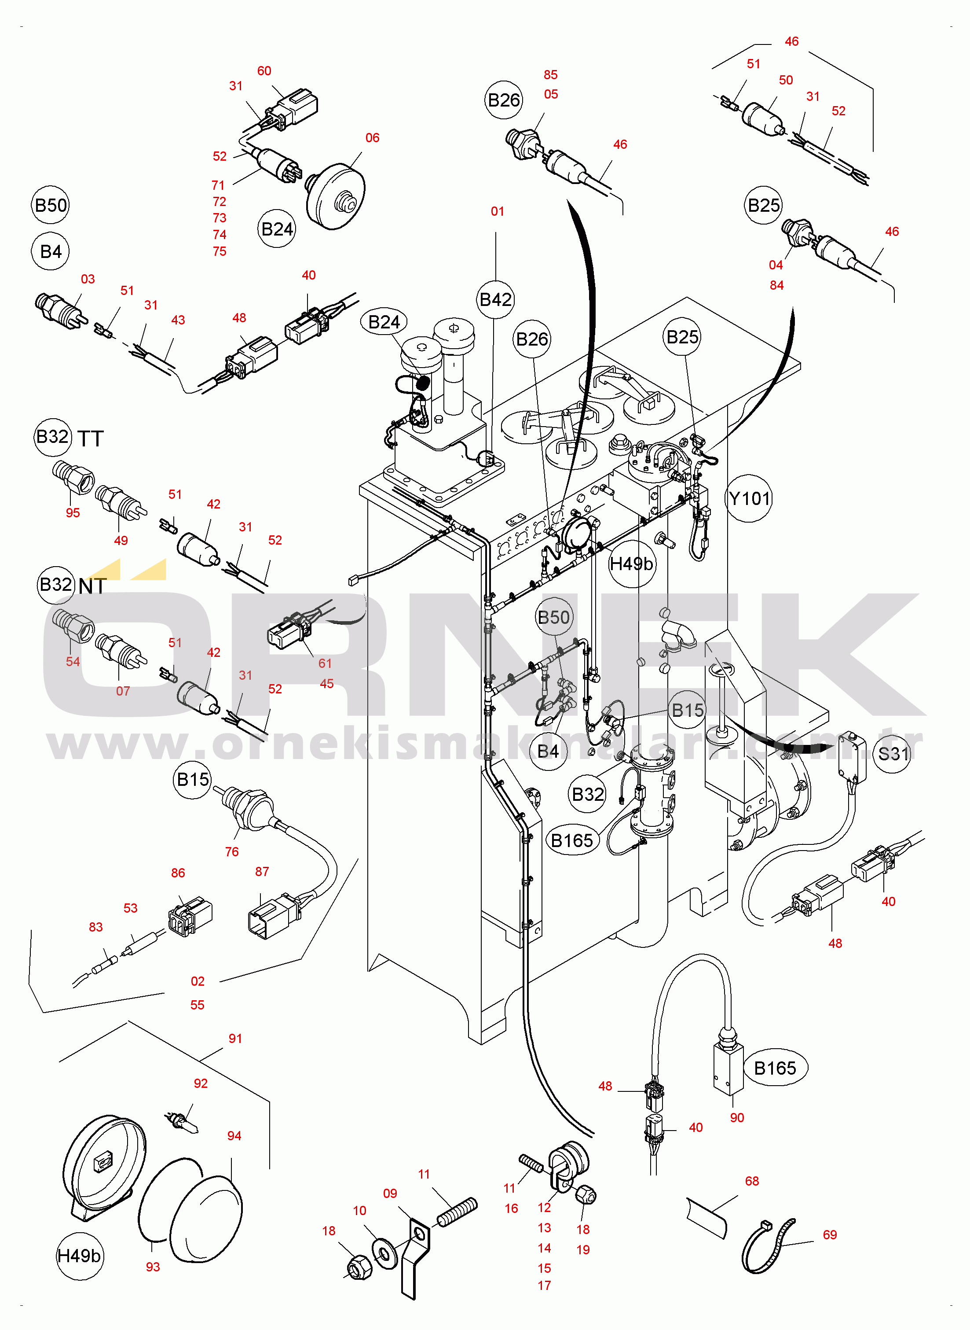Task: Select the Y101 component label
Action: tap(749, 499)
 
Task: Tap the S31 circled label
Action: tap(893, 753)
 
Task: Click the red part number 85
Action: tap(550, 74)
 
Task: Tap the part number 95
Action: tap(73, 513)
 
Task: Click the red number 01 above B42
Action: tap(498, 211)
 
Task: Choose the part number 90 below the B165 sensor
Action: tap(737, 1118)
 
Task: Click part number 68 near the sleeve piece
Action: tap(751, 1181)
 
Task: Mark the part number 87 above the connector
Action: tap(262, 872)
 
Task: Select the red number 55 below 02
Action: tap(197, 1005)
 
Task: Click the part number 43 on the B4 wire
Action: tap(178, 320)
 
